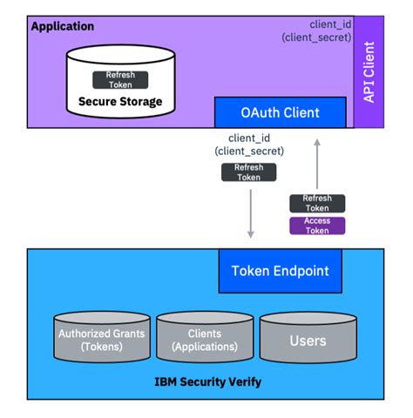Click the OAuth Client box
(x=280, y=112)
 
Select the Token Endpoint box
(x=280, y=271)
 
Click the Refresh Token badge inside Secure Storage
(x=120, y=79)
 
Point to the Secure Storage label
(x=120, y=102)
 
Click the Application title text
(x=63, y=26)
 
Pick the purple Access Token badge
(x=317, y=226)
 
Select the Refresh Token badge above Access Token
(x=317, y=203)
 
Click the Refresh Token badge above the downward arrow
(x=249, y=172)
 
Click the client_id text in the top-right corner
(x=331, y=23)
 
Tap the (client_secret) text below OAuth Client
(x=249, y=152)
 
